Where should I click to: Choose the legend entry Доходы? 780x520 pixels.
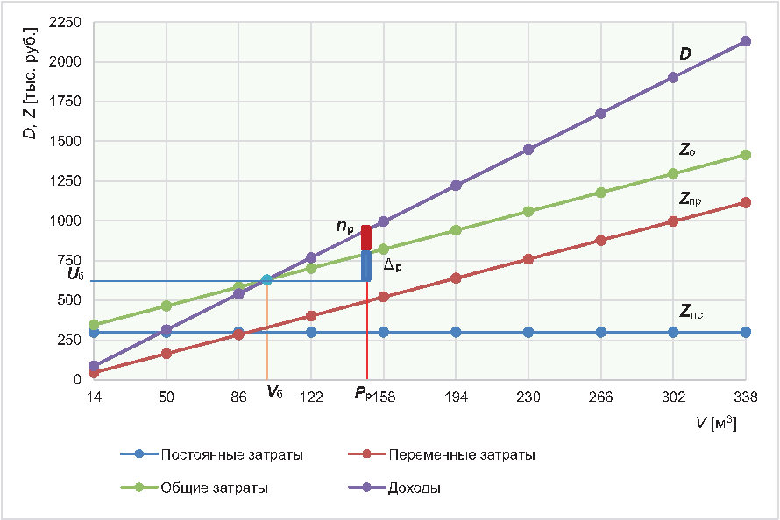(414, 488)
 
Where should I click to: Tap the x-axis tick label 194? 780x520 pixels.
(456, 396)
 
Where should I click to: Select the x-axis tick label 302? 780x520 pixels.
(673, 396)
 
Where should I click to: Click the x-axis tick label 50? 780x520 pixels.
(167, 396)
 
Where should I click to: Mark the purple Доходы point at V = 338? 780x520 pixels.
(745, 41)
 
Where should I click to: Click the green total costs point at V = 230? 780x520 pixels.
(528, 212)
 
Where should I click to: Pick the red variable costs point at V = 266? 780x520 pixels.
(601, 240)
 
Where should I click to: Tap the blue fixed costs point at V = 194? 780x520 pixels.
(456, 332)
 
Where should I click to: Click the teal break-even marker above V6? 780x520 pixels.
(266, 280)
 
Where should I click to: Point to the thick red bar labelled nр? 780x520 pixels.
(366, 238)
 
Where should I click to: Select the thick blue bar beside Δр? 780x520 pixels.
(366, 266)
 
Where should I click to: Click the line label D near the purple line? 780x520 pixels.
(685, 54)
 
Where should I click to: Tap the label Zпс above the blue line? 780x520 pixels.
(691, 312)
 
